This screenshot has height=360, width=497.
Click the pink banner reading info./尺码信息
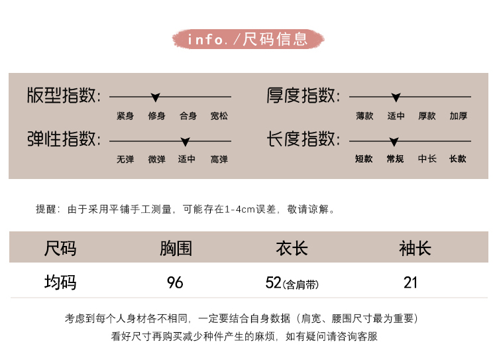click(x=248, y=39)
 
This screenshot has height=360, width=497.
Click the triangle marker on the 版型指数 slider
click(x=155, y=97)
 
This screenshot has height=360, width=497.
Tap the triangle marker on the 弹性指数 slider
click(x=185, y=141)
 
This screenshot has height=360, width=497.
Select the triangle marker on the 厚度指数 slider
click(x=396, y=97)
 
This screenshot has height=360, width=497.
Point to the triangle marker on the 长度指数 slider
click(x=394, y=141)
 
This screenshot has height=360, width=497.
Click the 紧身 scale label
click(x=125, y=116)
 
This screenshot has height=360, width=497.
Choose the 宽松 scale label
click(x=219, y=116)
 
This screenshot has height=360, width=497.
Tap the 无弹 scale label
click(x=125, y=159)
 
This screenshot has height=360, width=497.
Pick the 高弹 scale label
click(x=219, y=159)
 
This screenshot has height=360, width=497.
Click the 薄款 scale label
click(x=364, y=116)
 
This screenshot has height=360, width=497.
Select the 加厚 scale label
click(x=458, y=116)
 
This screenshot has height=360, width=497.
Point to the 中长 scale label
click(x=427, y=159)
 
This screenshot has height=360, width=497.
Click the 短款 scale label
click(x=364, y=159)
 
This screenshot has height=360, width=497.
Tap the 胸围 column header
click(x=176, y=249)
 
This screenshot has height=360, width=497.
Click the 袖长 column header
click(x=415, y=249)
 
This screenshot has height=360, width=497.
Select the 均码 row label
click(x=60, y=282)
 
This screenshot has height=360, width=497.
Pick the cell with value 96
click(x=175, y=283)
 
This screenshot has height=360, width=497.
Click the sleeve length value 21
click(x=411, y=283)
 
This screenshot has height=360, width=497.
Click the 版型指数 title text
click(x=64, y=97)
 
